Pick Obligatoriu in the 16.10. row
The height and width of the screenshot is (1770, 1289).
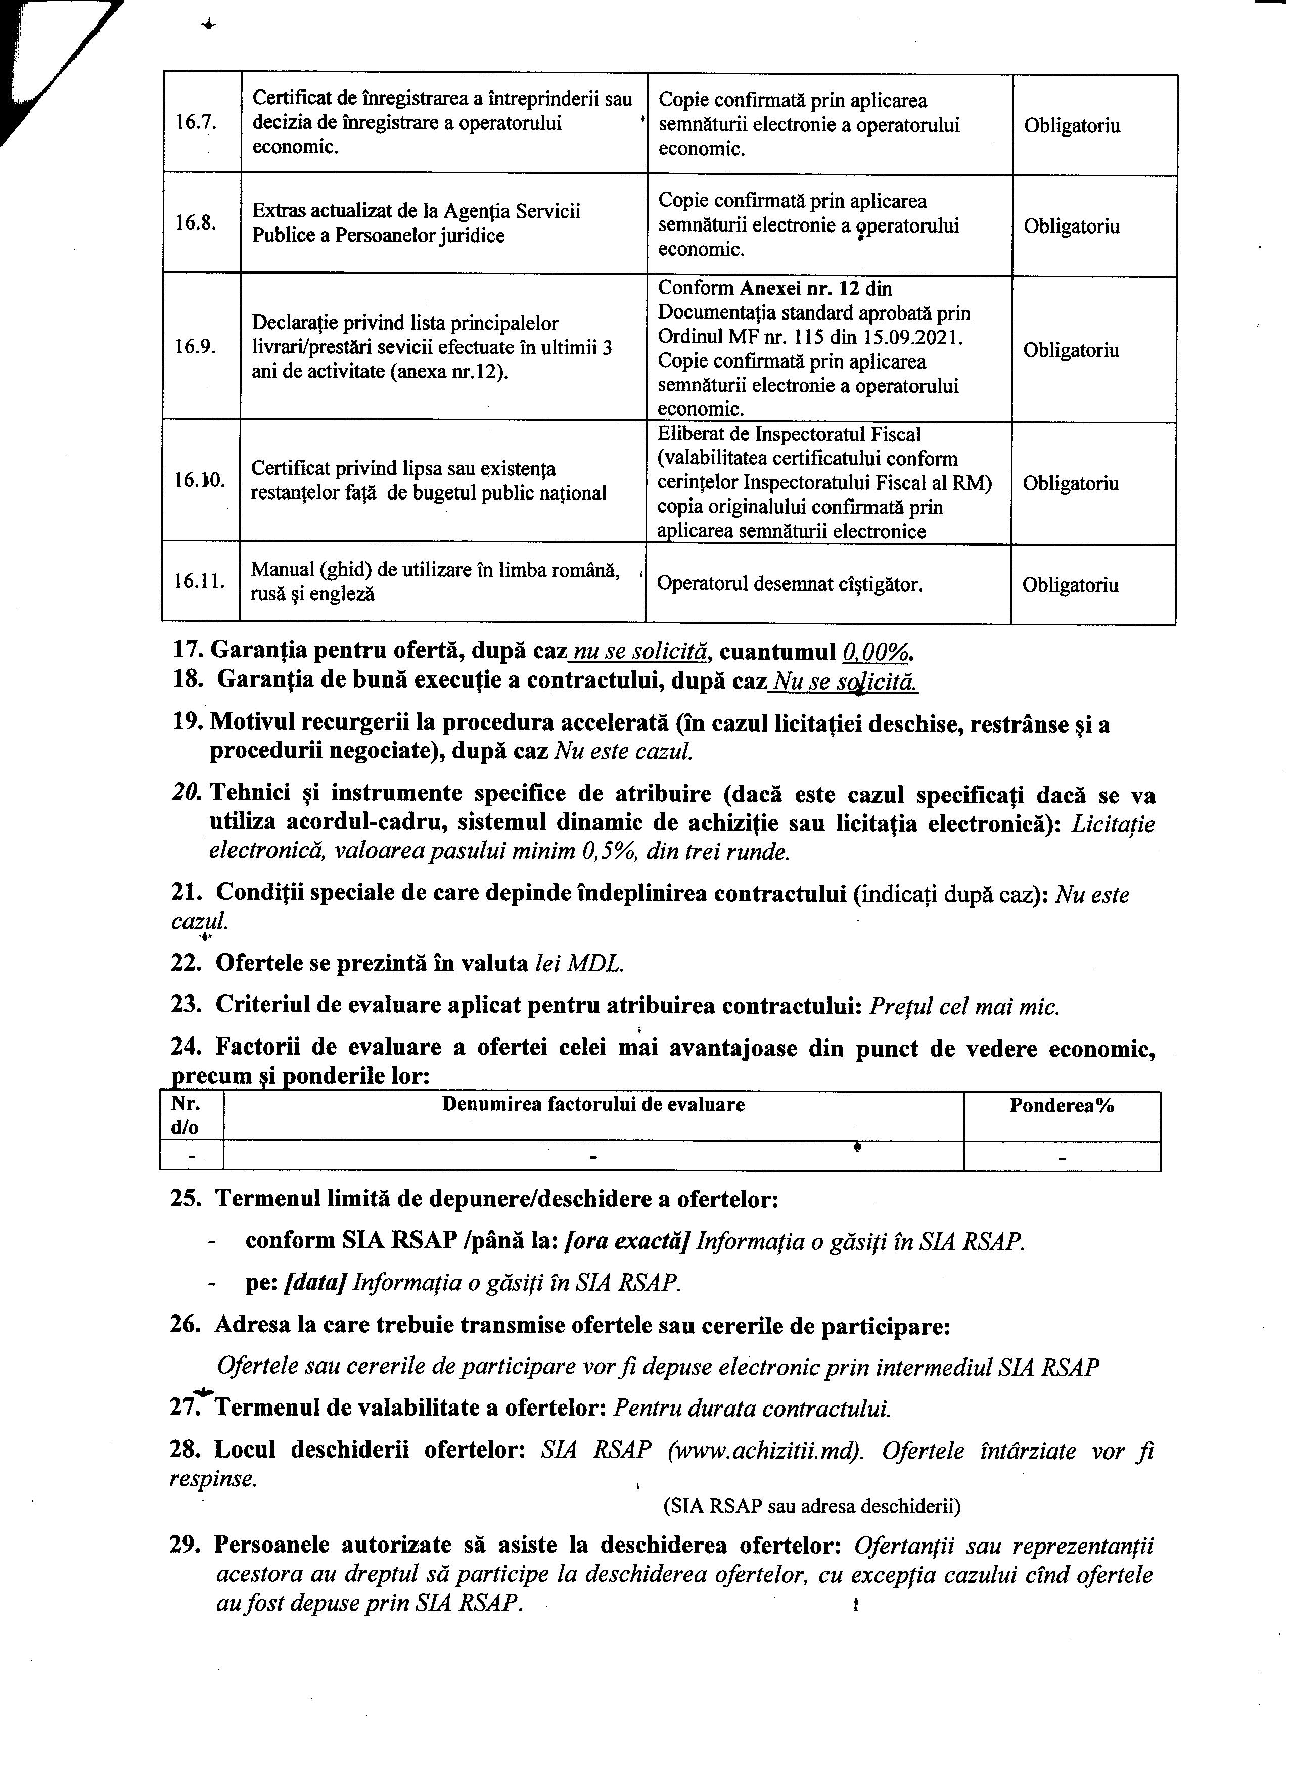pyautogui.click(x=1071, y=483)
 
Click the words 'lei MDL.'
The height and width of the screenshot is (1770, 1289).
pyautogui.click(x=579, y=963)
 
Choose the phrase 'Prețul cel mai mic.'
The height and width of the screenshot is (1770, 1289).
pyautogui.click(x=965, y=1006)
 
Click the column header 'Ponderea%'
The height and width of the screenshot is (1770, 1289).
pyautogui.click(x=1061, y=1105)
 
